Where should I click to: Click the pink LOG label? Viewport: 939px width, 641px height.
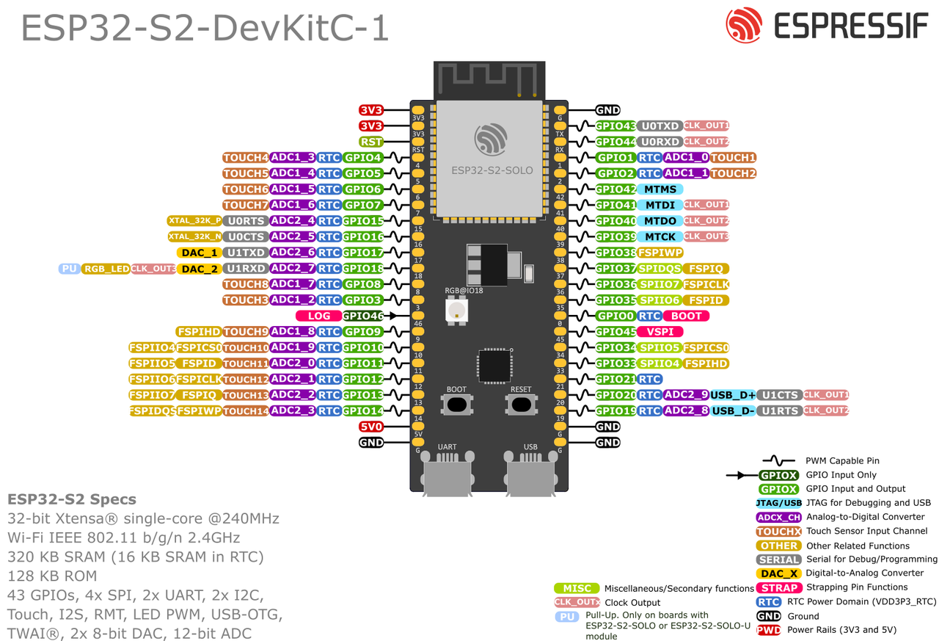(319, 316)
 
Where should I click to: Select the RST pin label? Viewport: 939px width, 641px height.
(371, 142)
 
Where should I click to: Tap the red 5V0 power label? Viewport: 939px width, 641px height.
(371, 427)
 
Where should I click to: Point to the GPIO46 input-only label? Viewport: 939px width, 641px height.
(363, 316)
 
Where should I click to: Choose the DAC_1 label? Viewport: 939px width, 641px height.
(199, 253)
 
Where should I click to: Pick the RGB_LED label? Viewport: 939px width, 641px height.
(106, 269)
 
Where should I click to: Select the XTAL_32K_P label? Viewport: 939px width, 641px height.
(194, 220)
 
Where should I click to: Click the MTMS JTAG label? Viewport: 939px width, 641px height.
(660, 189)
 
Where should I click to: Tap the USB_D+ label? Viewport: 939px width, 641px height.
(733, 395)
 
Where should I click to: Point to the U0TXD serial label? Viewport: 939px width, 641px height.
(660, 126)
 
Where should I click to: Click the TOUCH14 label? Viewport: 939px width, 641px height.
(246, 411)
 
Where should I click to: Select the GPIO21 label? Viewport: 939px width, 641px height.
(615, 380)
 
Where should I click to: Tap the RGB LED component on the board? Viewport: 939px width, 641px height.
(456, 310)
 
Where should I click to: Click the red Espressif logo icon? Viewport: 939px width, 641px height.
(744, 26)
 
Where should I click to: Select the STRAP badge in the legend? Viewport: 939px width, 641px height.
(779, 587)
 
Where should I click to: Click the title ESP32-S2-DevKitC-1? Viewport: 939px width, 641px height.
(205, 28)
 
